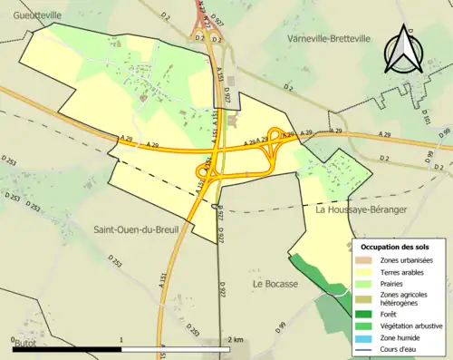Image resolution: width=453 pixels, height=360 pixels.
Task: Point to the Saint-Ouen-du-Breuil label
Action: coord(136,229)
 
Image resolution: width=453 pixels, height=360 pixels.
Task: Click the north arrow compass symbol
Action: coord(399,49)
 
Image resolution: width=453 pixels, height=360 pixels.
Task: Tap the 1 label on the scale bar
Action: coord(121,339)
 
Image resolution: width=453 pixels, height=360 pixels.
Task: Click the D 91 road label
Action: coord(282,326)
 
